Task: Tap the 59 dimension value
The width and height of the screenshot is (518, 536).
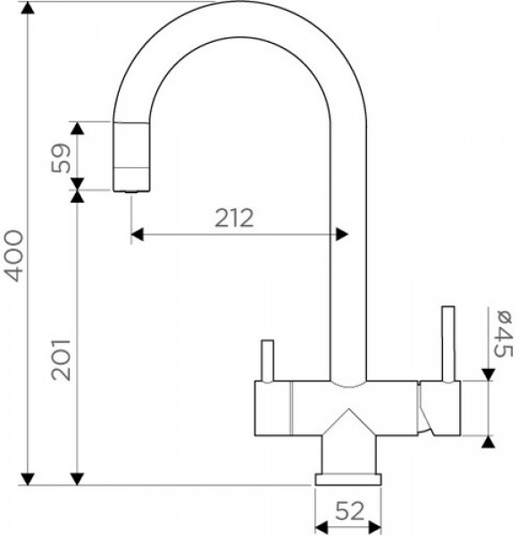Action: (61, 158)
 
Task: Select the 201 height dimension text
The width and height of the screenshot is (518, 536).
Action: (61, 360)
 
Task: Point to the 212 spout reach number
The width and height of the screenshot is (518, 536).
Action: (234, 218)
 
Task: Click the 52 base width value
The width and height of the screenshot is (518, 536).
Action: (349, 511)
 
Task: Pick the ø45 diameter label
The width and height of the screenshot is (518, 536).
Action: (504, 333)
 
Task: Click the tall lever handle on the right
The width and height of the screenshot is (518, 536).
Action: (448, 343)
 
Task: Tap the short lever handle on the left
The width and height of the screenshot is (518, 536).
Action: (267, 360)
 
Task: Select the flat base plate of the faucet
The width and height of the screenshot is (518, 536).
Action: (348, 479)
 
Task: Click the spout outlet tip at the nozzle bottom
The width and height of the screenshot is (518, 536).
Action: (131, 192)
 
